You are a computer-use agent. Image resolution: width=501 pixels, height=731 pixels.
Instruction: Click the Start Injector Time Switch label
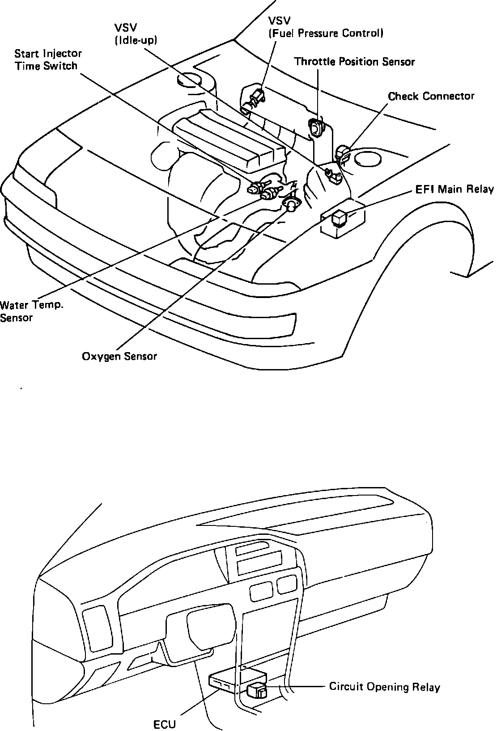pyautogui.click(x=48, y=60)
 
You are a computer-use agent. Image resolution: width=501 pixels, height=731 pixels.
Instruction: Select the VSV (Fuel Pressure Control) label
pyautogui.click(x=325, y=27)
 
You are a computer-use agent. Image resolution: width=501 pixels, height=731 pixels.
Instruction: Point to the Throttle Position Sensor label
pyautogui.click(x=354, y=62)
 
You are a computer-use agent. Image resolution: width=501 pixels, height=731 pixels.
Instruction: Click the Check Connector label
pyautogui.click(x=431, y=96)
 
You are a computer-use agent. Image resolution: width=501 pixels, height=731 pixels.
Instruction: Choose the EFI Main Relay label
pyautogui.click(x=454, y=189)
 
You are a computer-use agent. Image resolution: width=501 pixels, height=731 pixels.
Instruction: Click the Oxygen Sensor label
pyautogui.click(x=119, y=356)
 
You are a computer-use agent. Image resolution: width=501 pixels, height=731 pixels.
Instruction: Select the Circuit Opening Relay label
pyautogui.click(x=384, y=687)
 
